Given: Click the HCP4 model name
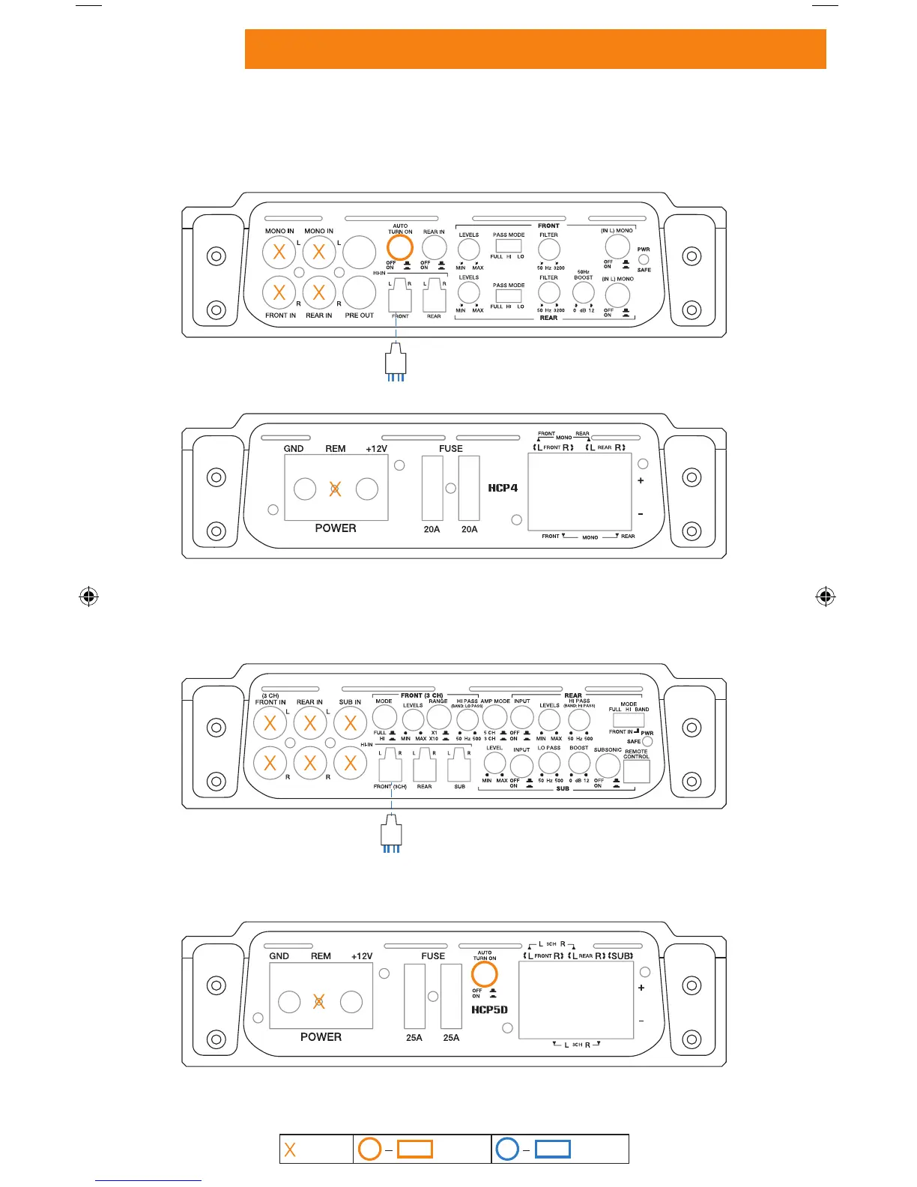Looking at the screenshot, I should [x=503, y=488].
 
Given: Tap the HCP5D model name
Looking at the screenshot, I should [x=489, y=1009].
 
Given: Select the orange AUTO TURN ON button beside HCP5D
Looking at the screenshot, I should [x=485, y=974].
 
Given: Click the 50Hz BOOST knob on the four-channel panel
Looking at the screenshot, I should [x=583, y=293].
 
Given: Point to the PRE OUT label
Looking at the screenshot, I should [x=359, y=315].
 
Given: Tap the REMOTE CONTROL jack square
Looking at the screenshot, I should [x=636, y=772].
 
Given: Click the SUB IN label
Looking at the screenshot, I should [x=350, y=702].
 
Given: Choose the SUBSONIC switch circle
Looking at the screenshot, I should [x=608, y=765].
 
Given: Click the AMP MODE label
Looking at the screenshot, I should [x=495, y=701].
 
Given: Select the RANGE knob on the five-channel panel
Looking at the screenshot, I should [x=438, y=717].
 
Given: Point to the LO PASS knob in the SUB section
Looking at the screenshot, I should [x=549, y=763].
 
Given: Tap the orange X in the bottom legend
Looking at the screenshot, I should [x=290, y=1150].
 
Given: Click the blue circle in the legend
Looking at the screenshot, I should [x=507, y=1149].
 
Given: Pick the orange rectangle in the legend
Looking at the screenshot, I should [x=414, y=1150].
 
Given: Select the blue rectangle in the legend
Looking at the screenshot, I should [x=553, y=1150].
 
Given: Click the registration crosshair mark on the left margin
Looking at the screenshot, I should [x=88, y=596].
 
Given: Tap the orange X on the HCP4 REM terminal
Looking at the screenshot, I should [x=336, y=489].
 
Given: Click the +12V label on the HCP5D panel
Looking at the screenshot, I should [x=362, y=956].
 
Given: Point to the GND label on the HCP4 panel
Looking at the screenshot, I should [x=294, y=449].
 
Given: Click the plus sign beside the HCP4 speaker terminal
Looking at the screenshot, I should [x=641, y=480].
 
